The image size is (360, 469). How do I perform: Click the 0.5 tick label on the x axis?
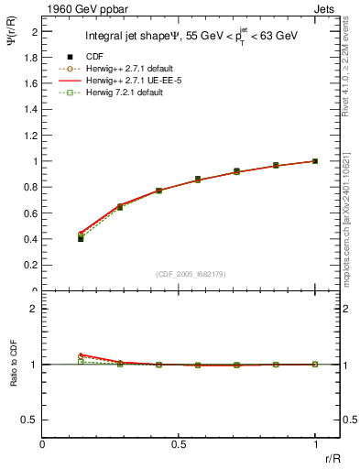tap(179, 445)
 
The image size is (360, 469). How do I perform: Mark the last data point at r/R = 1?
tap(315, 161)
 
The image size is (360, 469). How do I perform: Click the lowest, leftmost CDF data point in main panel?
tap(81, 238)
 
